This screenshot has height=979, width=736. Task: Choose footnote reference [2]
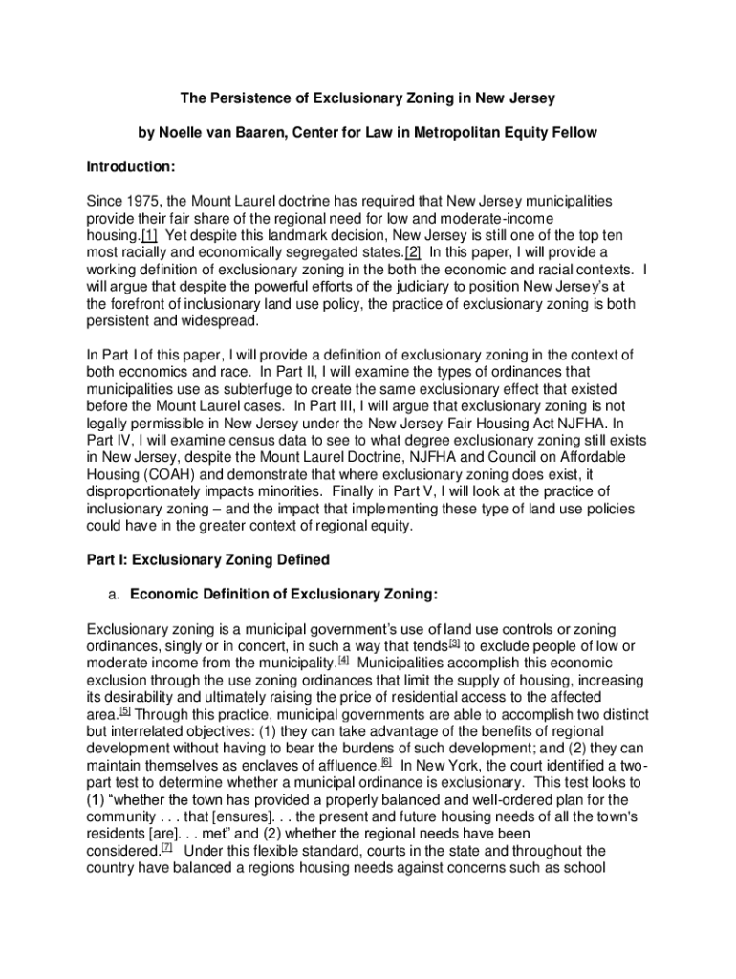(x=413, y=252)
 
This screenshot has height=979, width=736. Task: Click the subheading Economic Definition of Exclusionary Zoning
(x=283, y=594)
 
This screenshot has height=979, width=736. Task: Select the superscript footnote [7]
(x=166, y=848)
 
